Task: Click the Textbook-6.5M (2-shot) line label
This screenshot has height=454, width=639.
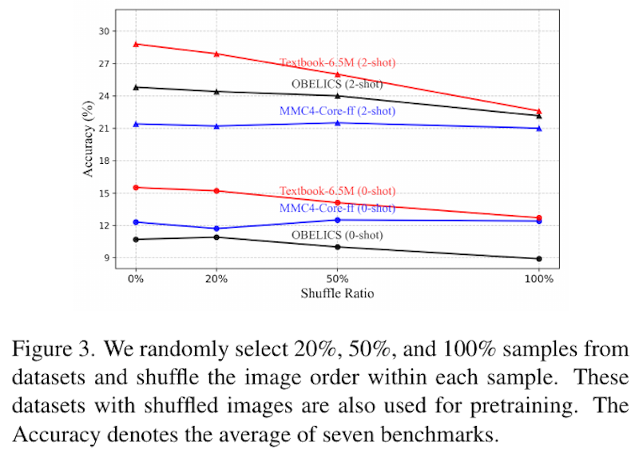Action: click(x=337, y=62)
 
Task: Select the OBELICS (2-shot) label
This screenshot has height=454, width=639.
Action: click(x=337, y=84)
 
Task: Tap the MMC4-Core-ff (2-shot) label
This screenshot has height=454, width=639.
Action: click(x=337, y=111)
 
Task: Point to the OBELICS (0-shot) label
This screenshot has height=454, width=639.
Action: click(x=337, y=235)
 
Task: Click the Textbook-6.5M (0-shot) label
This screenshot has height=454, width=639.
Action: click(x=337, y=191)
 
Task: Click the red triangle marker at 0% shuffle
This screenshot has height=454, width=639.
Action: click(x=136, y=44)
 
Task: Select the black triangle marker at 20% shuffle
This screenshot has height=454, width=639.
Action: click(x=216, y=91)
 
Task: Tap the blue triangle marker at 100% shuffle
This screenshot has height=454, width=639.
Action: click(x=539, y=128)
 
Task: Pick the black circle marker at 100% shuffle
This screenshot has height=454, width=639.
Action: click(x=539, y=258)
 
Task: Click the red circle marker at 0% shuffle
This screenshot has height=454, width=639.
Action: click(x=136, y=188)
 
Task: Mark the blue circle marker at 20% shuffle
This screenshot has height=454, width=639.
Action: click(x=216, y=229)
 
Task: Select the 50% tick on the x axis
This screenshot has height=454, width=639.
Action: click(x=337, y=279)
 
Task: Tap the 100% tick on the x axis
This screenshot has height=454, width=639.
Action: click(x=539, y=279)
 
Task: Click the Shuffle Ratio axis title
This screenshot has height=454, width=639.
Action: click(x=337, y=293)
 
